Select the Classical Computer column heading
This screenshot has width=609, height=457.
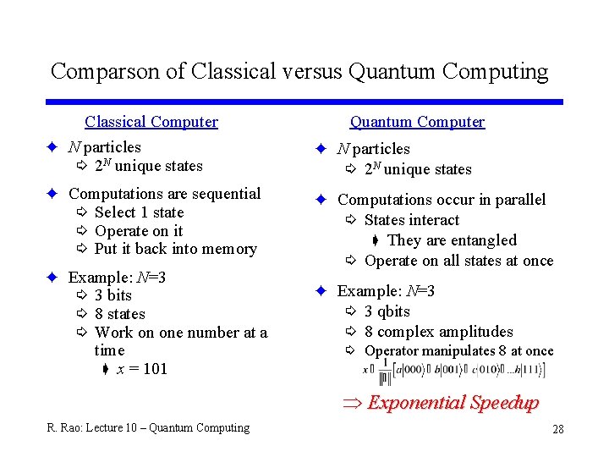(151, 122)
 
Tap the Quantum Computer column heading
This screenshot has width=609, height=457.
(417, 122)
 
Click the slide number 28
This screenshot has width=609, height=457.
(558, 429)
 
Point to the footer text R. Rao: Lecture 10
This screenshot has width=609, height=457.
(148, 428)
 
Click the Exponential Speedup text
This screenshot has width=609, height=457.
(453, 403)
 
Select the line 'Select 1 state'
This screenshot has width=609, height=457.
(139, 212)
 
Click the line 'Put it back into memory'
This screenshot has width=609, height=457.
(175, 249)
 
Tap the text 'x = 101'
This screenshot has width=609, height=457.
(142, 369)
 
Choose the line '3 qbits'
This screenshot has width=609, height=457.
(387, 311)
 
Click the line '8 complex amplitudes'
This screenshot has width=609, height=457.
(438, 332)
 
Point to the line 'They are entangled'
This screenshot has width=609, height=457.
(451, 240)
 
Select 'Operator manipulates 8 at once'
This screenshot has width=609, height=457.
(458, 351)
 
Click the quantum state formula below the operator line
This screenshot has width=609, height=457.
(453, 371)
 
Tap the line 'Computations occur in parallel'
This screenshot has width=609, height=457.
(442, 200)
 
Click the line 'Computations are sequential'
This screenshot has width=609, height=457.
(164, 194)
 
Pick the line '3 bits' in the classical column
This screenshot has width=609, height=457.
(113, 295)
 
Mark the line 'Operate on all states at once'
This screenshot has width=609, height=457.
(458, 261)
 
